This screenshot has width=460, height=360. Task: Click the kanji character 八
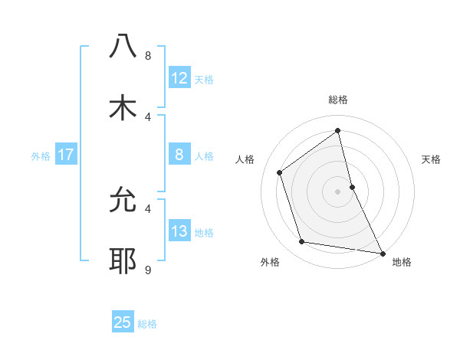pos(123,47)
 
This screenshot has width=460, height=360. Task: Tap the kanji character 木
pos(123,108)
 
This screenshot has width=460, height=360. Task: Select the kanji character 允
pos(123,200)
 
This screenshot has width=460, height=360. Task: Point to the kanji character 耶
pos(123,261)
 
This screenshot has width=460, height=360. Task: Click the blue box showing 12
pos(179,78)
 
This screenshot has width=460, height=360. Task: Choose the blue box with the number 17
pos(65,155)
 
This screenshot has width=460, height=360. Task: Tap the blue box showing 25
pos(123,322)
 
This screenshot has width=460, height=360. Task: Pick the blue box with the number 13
pos(179,231)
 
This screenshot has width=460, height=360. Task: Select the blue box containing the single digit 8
pos(179,155)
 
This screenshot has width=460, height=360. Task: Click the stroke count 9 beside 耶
pos(148,270)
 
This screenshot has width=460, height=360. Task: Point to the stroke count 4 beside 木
pos(148,116)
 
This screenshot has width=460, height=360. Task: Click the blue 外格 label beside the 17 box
pos(41,155)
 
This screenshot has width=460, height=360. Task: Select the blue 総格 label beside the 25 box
pos(147,324)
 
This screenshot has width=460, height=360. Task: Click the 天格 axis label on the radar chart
pos(431,159)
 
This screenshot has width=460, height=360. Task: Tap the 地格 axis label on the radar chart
pos(402,262)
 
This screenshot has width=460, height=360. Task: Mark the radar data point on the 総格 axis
pos(337,130)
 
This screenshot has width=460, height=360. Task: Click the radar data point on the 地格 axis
pos(382,253)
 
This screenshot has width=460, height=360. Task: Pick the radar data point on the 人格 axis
pos(280,172)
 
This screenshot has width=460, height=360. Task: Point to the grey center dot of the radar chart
pos(337,191)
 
